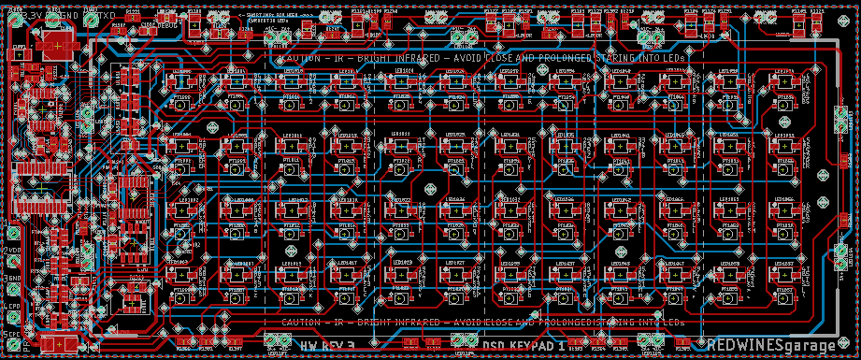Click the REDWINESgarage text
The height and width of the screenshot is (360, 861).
click(772, 345)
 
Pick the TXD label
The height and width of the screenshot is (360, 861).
click(107, 17)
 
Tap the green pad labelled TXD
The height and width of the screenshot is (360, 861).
click(91, 17)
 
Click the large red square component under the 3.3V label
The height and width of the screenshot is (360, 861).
click(58, 44)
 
